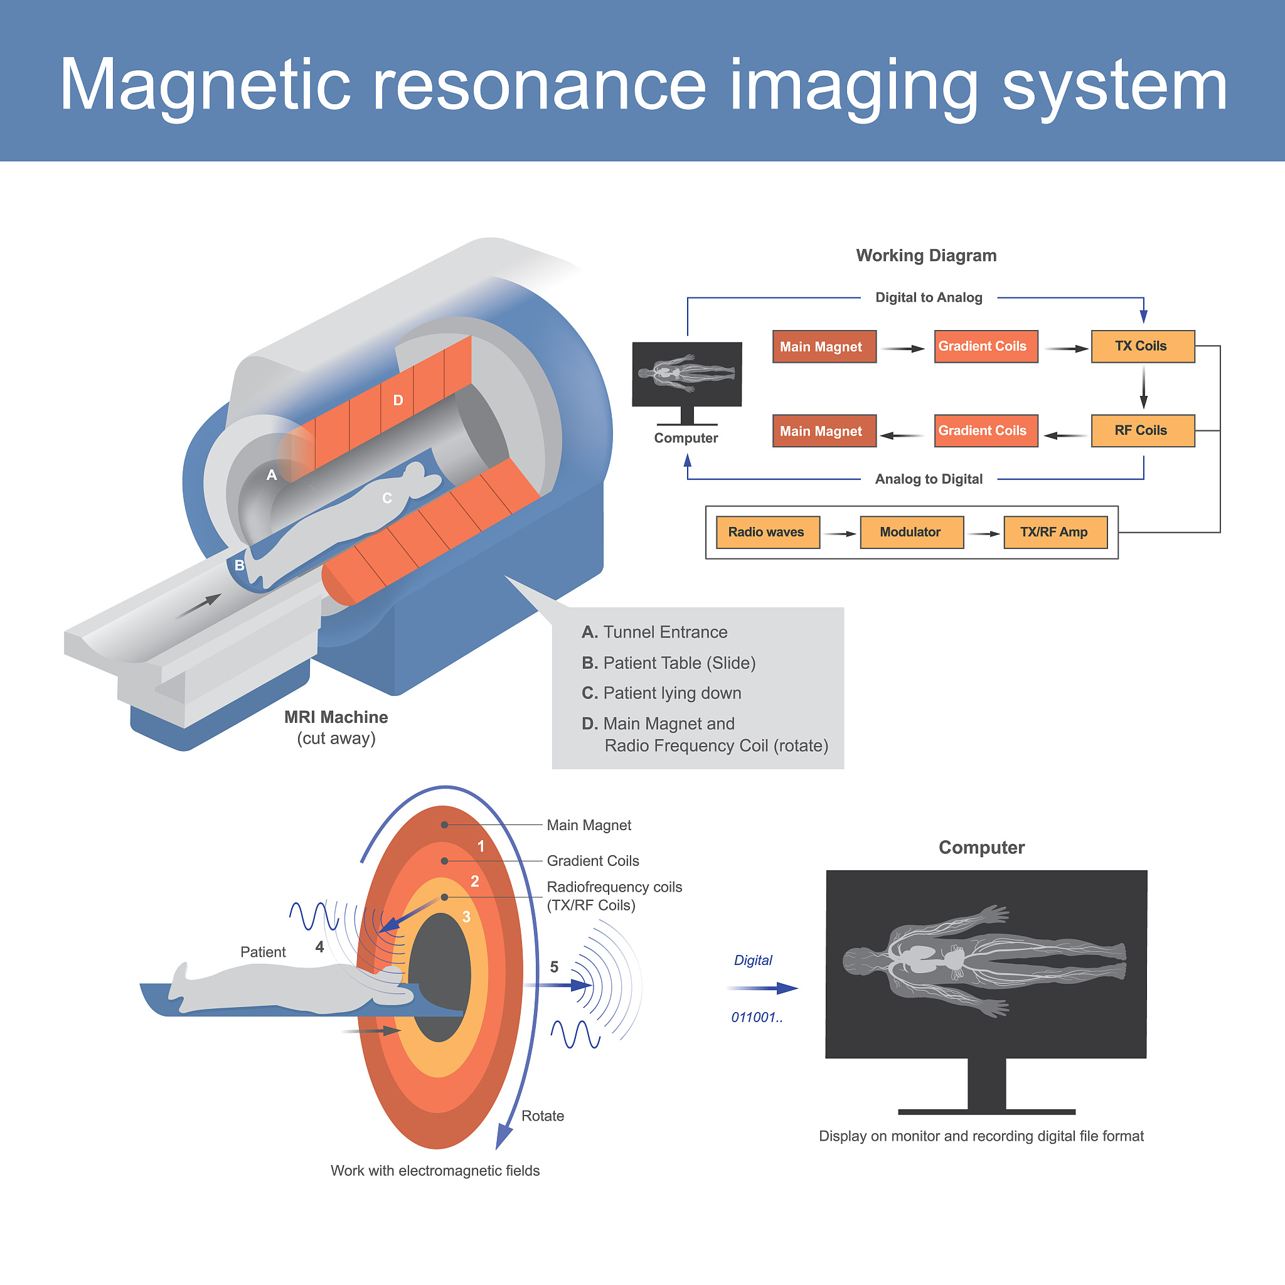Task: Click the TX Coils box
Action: pos(1143,346)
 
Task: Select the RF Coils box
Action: pos(1143,431)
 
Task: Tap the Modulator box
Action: pos(911,532)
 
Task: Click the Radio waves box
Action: pos(767,532)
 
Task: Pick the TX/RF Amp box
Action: pos(1055,532)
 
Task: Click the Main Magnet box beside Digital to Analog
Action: pos(824,346)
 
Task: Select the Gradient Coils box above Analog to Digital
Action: pos(986,431)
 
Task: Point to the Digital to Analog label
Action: pos(929,297)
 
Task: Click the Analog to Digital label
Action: pos(929,479)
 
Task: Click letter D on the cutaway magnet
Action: pos(398,400)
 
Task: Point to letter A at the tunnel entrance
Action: pos(271,475)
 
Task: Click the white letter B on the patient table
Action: pos(240,565)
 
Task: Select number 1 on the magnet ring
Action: pos(481,846)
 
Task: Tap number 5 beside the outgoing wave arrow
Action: pos(554,967)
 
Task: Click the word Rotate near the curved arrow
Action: pos(543,1116)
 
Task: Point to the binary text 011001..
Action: pos(757,1018)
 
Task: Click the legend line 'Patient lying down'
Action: pos(662,693)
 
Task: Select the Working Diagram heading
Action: pos(926,255)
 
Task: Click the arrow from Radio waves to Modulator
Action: pos(840,533)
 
